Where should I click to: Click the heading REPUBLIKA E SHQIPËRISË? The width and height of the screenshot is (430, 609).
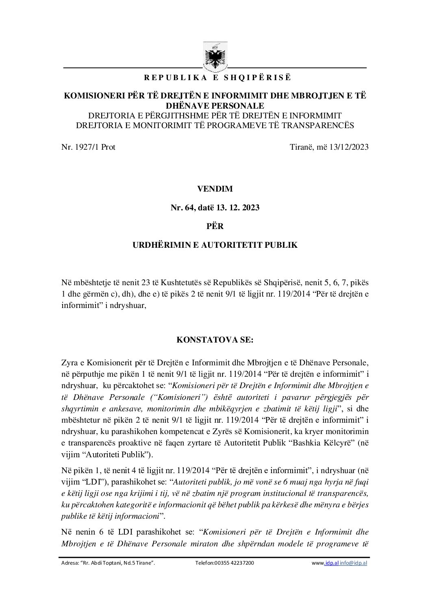point(215,77)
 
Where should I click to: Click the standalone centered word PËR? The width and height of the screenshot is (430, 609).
point(215,226)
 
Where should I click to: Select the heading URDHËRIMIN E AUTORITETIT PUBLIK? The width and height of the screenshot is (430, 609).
point(215,245)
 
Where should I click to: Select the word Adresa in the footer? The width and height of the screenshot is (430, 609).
point(67,563)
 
